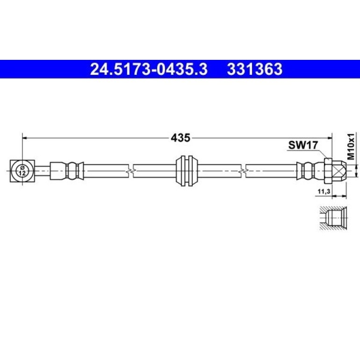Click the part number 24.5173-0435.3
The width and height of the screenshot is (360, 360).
[149, 69]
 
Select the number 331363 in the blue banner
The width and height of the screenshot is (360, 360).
[255, 69]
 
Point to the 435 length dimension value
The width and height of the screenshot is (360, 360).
[180, 138]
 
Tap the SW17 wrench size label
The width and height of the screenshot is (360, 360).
[303, 145]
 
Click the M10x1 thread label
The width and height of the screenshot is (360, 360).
[351, 146]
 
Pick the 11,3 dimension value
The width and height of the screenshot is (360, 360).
[324, 191]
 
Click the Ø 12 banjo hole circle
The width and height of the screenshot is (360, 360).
[22, 171]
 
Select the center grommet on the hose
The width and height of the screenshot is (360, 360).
[187, 171]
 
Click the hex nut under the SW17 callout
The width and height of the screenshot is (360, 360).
[329, 171]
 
